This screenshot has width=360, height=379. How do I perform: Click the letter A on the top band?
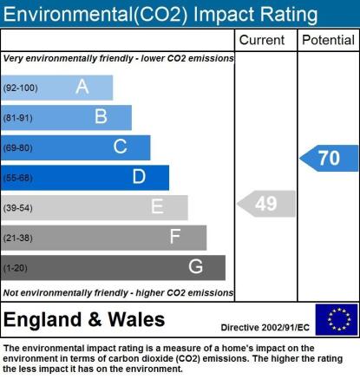point(82,87)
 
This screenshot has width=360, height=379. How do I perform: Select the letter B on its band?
point(101,116)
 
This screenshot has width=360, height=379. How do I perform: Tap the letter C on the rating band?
point(120,147)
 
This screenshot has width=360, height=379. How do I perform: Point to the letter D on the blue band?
point(139,176)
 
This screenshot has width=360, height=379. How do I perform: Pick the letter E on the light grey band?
point(157,206)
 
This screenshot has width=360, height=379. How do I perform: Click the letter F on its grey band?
point(175,236)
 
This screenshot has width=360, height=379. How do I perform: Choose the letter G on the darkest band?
point(195,266)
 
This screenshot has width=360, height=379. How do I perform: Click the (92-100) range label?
point(21,88)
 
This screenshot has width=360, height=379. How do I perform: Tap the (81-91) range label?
point(18,118)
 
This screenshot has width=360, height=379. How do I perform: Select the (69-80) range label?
point(18,148)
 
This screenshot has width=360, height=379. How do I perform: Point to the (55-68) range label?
point(18,178)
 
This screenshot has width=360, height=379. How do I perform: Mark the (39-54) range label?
point(18,208)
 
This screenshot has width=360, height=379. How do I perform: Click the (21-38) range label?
point(18,238)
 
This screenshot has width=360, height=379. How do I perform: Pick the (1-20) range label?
point(16,268)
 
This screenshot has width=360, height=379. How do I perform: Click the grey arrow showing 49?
point(266,204)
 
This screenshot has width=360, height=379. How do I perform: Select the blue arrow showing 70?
point(329,158)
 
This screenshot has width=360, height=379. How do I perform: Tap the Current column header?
point(262,40)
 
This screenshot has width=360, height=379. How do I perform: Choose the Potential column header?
point(328,40)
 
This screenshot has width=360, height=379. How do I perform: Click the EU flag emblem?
point(337,319)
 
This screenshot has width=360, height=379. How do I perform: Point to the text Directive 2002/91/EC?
point(265,328)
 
